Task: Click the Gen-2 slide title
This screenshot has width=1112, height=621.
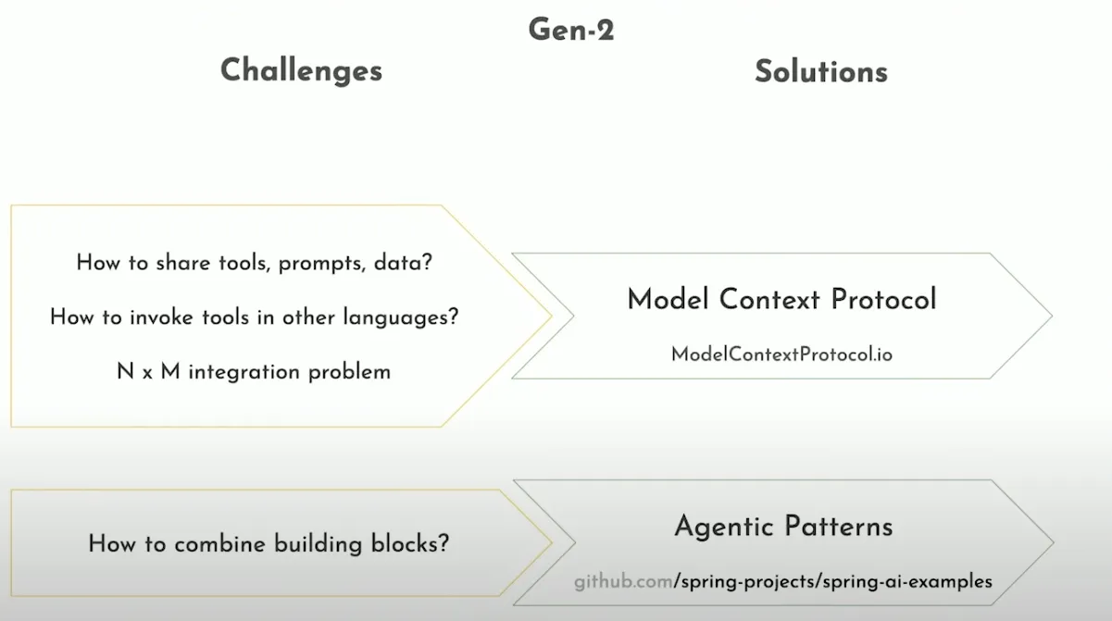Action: (571, 30)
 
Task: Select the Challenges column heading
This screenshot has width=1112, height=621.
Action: (301, 70)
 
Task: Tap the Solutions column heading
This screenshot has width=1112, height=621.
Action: (820, 71)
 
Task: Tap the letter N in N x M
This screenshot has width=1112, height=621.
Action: (125, 372)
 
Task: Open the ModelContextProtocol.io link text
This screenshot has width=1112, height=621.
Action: (781, 354)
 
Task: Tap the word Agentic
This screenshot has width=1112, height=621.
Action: (723, 528)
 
